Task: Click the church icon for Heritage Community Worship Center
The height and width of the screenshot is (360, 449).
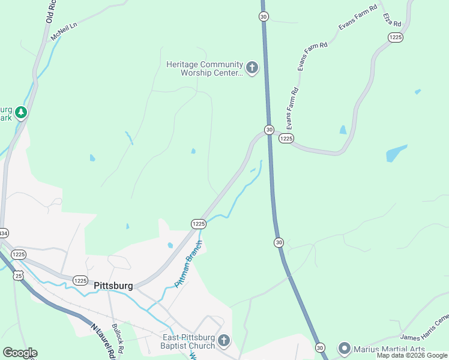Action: pos(252,68)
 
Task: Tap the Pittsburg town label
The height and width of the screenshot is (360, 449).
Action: pos(113,286)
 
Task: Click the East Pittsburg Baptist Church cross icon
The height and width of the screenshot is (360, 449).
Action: pos(223,341)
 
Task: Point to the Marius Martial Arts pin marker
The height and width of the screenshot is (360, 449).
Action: pos(345,349)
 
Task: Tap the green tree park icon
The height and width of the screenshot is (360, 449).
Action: pos(21,112)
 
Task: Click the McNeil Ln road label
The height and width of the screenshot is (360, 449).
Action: pos(65,32)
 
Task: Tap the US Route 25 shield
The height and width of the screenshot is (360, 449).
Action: pos(18,275)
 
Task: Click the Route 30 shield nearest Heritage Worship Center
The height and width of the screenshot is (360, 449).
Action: pos(264,17)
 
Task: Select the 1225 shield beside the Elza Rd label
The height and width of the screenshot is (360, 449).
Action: pos(395,37)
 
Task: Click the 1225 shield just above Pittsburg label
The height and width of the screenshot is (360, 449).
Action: pos(81,280)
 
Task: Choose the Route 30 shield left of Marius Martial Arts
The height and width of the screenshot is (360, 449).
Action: pos(320,347)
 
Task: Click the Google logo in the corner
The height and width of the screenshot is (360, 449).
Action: pos(20,353)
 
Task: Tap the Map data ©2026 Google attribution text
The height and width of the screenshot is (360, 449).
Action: pos(412,355)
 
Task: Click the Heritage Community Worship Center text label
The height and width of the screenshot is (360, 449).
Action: pos(205,68)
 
